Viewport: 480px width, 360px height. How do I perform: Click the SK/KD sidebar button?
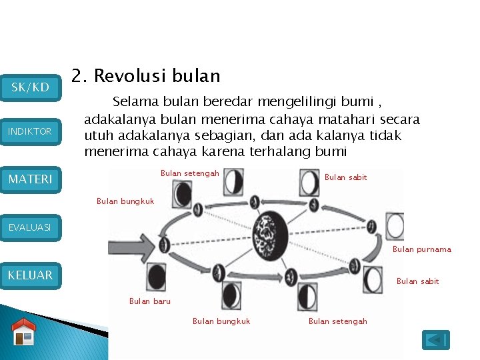31,87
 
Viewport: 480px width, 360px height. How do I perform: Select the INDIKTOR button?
31,131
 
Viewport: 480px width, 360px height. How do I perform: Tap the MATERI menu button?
31,179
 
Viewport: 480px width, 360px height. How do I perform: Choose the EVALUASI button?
31,227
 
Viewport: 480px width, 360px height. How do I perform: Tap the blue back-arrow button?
436,340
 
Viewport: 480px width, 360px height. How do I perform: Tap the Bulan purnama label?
421,249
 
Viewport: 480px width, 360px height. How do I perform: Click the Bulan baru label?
149,301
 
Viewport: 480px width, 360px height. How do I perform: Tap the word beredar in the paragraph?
213,102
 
